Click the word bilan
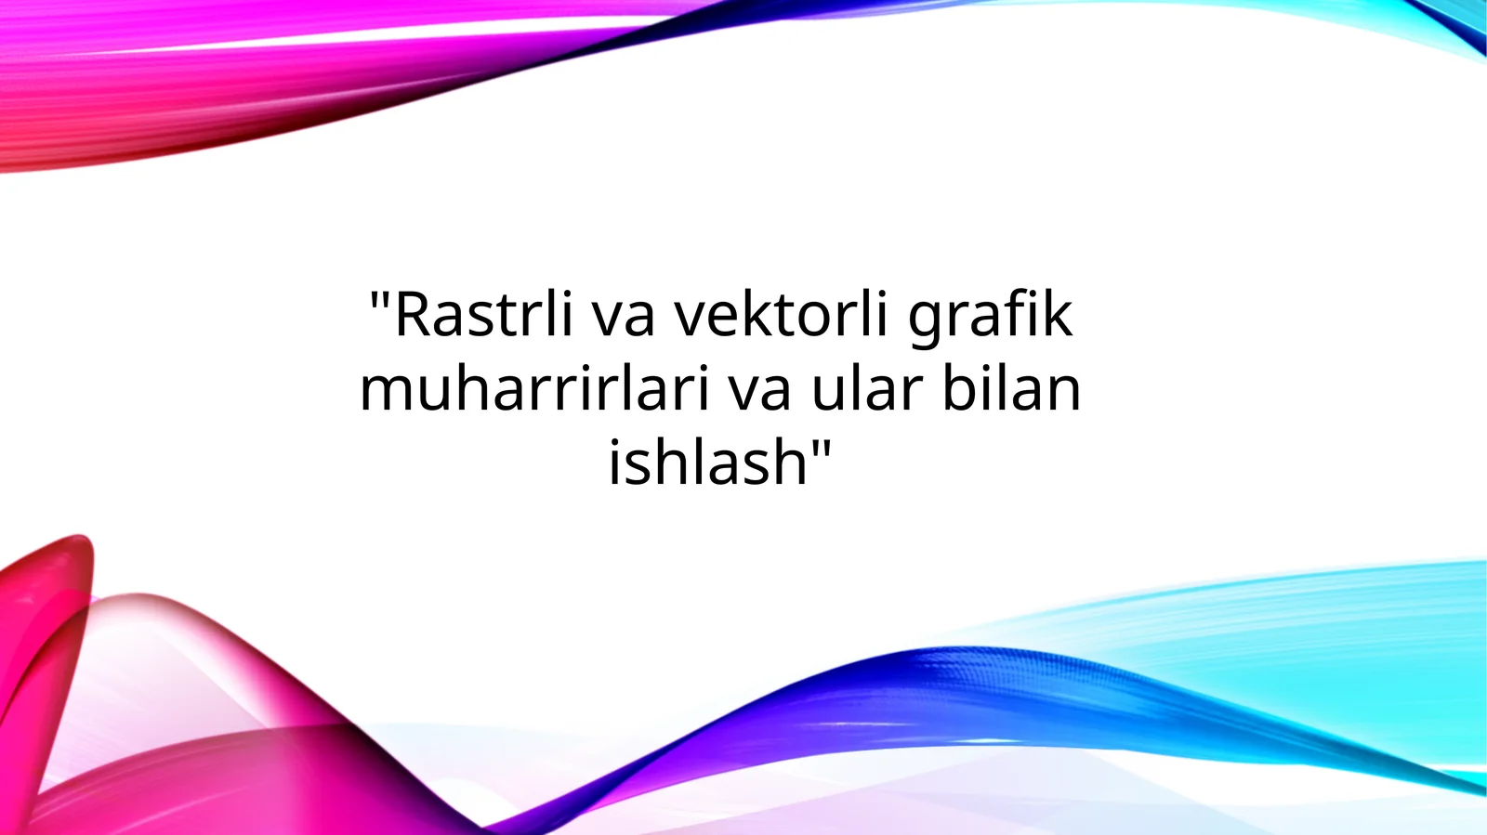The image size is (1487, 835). tap(1012, 389)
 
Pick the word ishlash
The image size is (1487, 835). tap(707, 462)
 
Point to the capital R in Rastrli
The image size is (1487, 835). tap(413, 316)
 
